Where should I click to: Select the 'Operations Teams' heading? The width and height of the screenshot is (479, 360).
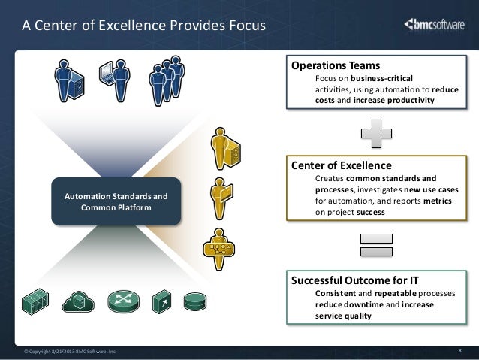pos(336,65)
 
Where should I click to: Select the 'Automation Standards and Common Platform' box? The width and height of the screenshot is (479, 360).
pos(116,201)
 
